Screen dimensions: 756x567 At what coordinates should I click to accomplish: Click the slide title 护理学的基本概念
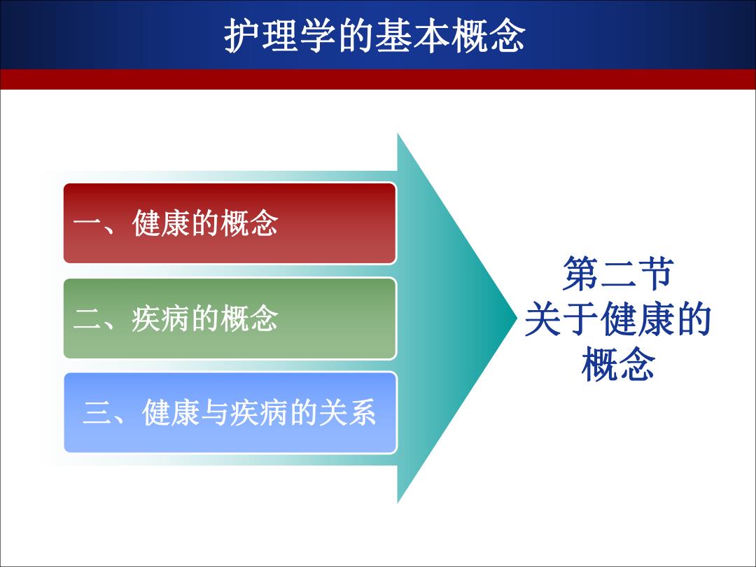pos(374,36)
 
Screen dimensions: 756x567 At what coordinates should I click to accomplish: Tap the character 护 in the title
pos(242,36)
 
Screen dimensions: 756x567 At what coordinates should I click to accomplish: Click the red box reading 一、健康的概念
pos(230,223)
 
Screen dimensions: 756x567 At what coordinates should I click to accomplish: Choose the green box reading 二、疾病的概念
pos(230,318)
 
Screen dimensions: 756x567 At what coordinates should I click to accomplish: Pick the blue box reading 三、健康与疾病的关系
pos(230,413)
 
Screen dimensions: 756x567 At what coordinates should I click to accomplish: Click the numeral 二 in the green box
pos(87,319)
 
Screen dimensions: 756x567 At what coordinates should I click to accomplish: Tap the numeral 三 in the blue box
pos(97,413)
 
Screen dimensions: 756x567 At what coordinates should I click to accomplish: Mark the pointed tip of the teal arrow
pos(516,318)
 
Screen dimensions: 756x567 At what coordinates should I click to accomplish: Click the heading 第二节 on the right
pos(618,274)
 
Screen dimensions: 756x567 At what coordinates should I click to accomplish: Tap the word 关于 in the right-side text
pos(562,318)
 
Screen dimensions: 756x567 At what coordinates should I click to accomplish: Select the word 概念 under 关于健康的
pos(618,364)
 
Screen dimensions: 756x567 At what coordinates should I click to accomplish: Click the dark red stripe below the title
pos(378,79)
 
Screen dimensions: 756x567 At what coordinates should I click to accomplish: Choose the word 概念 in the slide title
pos(488,36)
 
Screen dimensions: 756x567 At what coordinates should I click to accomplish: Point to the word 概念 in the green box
pos(248,318)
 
